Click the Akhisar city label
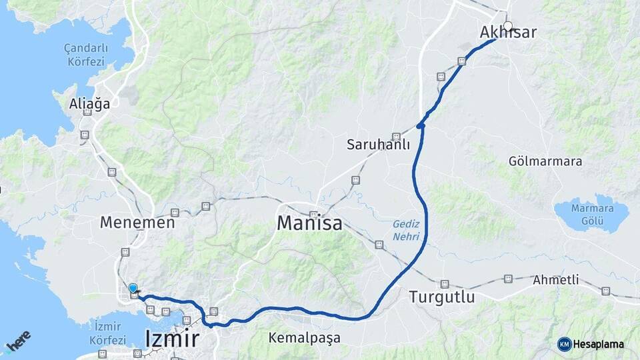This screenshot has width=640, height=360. (x=508, y=33)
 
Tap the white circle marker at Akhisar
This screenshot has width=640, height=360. (x=508, y=27)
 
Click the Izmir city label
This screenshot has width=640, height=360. (x=171, y=339)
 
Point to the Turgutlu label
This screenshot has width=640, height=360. (x=442, y=297)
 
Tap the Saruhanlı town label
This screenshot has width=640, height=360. (x=378, y=145)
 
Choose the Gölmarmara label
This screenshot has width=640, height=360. (x=545, y=161)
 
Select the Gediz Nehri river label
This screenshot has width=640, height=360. (x=406, y=231)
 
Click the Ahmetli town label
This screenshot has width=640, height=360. (x=555, y=280)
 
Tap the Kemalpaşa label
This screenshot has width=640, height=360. (x=304, y=338)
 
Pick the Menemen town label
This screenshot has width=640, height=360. (x=137, y=223)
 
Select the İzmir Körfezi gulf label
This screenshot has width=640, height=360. (x=107, y=332)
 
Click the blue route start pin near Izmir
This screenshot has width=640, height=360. (x=133, y=289)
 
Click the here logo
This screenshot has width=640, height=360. (x=19, y=343)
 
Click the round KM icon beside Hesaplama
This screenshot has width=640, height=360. (x=564, y=344)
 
